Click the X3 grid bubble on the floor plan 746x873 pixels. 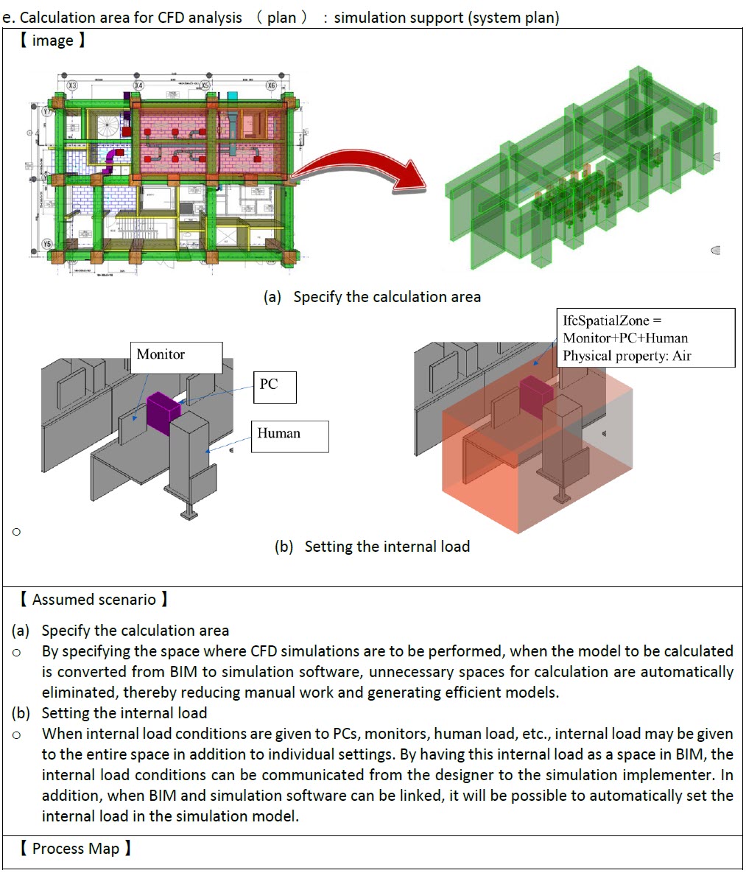pyautogui.click(x=72, y=86)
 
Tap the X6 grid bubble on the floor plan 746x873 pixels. pyautogui.click(x=272, y=86)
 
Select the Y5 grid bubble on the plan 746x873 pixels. pyautogui.click(x=48, y=244)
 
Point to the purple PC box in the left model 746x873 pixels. pyautogui.click(x=163, y=410)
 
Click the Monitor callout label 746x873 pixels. pyautogui.click(x=177, y=357)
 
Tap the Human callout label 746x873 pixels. pyautogui.click(x=289, y=435)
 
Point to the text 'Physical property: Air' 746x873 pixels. pyautogui.click(x=627, y=356)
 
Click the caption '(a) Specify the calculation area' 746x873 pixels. pyautogui.click(x=372, y=297)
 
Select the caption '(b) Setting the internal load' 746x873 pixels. pyautogui.click(x=372, y=547)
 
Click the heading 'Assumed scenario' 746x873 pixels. pyautogui.click(x=94, y=600)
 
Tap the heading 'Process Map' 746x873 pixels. pyautogui.click(x=75, y=849)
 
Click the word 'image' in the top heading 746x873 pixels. pyautogui.click(x=52, y=41)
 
